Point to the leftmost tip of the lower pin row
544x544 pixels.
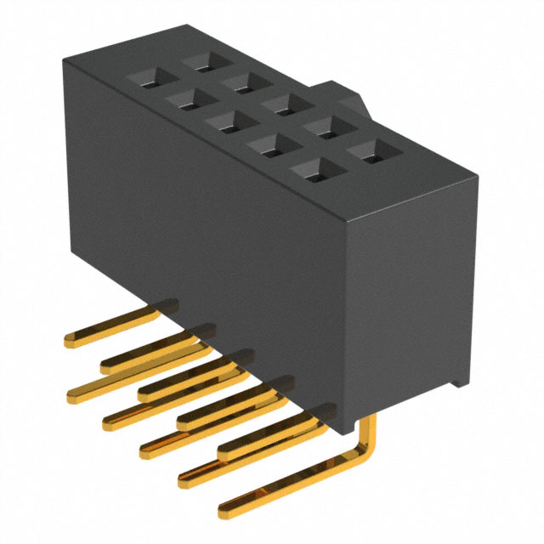[x=71, y=394]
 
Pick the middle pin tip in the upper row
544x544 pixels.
[x=144, y=393]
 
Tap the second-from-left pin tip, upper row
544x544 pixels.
[x=105, y=366]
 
